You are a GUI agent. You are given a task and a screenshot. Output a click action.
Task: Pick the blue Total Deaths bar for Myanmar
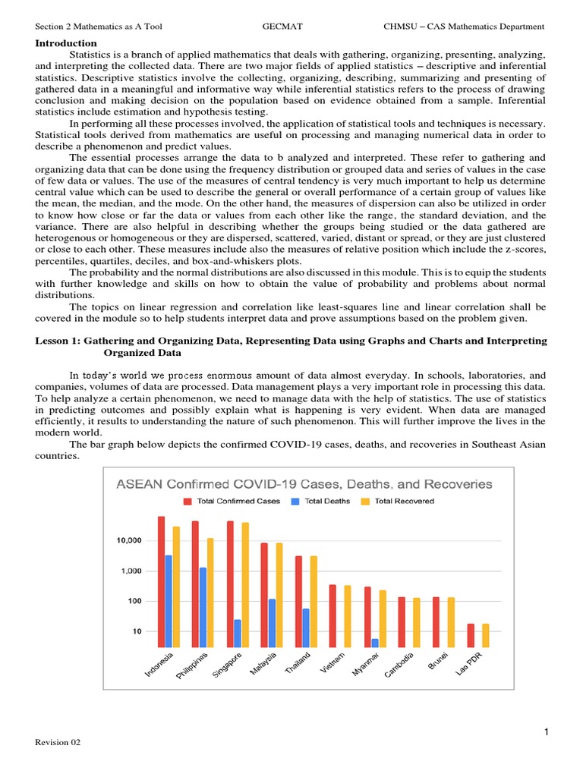[375, 642]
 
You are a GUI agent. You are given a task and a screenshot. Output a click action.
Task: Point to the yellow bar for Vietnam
[348, 615]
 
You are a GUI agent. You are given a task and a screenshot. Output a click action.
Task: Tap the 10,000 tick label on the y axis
[129, 540]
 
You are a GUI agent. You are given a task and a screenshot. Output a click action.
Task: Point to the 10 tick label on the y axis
[137, 631]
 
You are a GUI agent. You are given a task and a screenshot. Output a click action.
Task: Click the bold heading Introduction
[66, 43]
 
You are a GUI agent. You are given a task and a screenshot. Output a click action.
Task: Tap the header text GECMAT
[282, 27]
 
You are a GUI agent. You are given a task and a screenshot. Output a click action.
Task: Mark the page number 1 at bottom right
[545, 731]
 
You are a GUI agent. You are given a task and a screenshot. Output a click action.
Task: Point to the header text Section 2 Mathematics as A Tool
[99, 27]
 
